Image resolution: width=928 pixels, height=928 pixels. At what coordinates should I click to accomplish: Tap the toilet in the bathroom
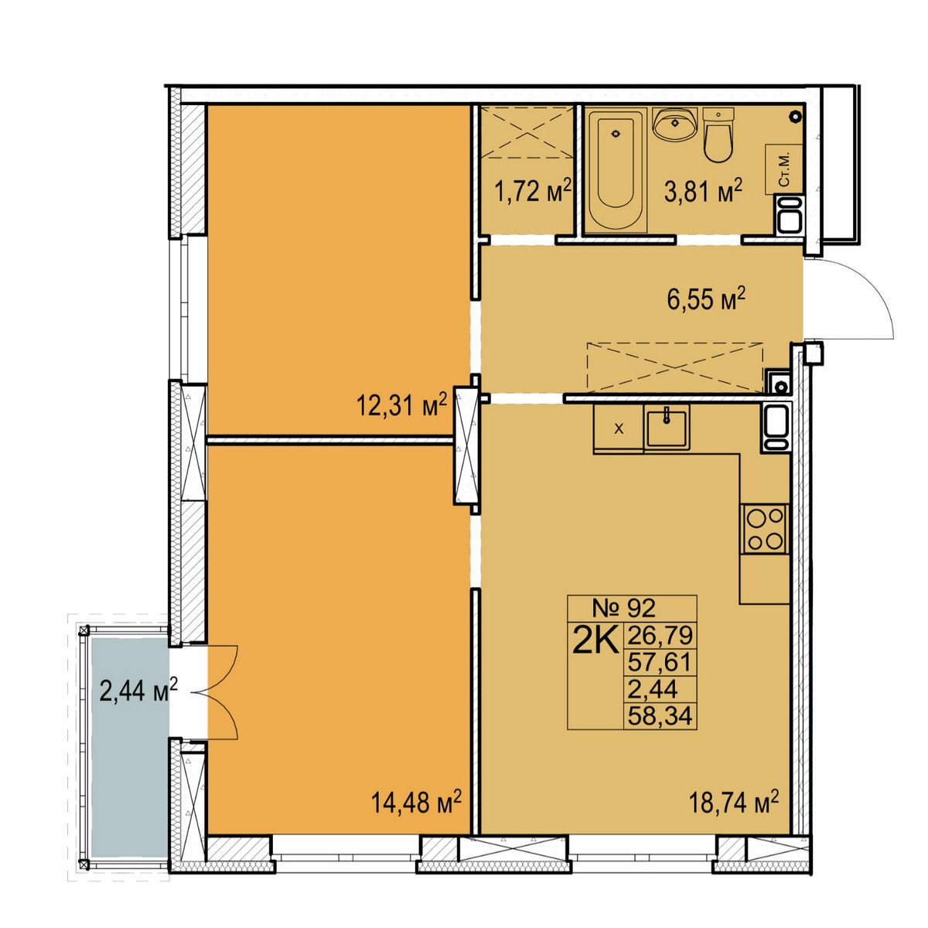coord(718,135)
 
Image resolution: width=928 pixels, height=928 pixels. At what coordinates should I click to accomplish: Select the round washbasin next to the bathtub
coord(674,124)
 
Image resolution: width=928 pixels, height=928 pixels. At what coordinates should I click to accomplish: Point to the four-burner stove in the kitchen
coord(765,529)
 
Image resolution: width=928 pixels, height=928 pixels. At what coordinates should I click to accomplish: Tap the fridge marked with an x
coord(619,428)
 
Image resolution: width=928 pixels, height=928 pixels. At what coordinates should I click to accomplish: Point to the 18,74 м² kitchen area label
coord(734,802)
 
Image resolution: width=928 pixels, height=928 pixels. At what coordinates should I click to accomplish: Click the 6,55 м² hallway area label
coord(706,302)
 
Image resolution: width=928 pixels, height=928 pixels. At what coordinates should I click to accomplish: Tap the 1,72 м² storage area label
coord(533,192)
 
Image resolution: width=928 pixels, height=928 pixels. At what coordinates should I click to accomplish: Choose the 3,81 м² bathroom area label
coord(703,192)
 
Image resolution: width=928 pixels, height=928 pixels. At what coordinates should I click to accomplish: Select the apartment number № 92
coord(623,609)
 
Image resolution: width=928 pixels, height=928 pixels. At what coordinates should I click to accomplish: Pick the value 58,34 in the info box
coord(660,716)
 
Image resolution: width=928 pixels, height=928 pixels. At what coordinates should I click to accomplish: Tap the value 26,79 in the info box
coord(660,635)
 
